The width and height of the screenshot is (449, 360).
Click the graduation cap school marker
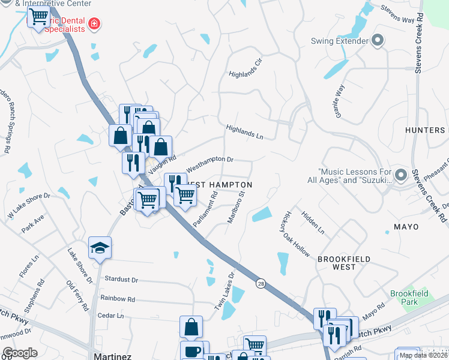point(100,248)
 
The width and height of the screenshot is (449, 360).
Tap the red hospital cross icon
point(94,24)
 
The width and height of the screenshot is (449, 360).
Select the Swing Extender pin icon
point(378,41)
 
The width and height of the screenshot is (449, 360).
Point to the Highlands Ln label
point(245,132)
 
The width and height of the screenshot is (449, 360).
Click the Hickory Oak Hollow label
point(294,234)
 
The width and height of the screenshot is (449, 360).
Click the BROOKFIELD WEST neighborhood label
point(344,259)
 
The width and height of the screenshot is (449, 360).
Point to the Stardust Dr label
point(121,280)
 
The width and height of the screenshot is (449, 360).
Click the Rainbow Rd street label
point(118,299)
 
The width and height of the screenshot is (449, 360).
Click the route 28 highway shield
point(260,283)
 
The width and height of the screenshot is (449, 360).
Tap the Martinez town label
point(113,356)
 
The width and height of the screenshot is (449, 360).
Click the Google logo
point(20,353)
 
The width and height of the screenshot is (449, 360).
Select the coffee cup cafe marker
point(191,351)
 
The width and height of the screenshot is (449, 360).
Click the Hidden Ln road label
point(313,222)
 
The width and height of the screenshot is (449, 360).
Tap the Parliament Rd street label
point(205,209)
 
